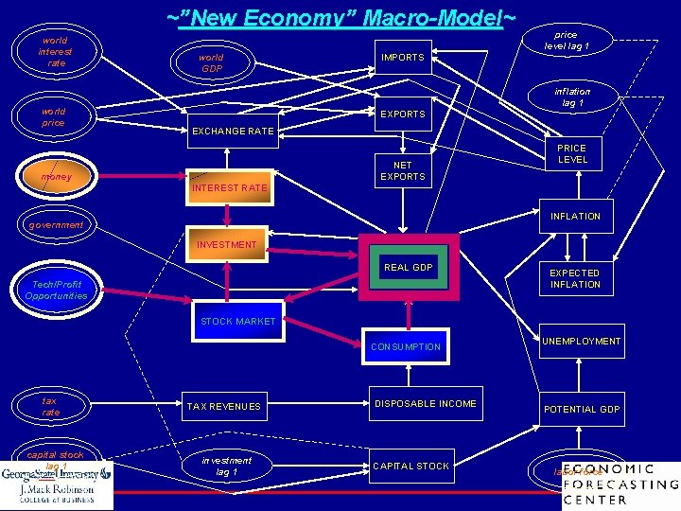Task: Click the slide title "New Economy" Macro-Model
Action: [x=341, y=18]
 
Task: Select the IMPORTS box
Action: [x=402, y=58]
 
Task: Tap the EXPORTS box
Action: [x=402, y=115]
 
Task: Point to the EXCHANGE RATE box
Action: [x=233, y=131]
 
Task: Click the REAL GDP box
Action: [x=408, y=268]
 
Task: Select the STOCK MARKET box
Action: [x=237, y=322]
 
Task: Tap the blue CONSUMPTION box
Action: [x=405, y=347]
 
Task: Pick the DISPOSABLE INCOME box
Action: [x=426, y=404]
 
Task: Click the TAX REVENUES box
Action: [x=223, y=407]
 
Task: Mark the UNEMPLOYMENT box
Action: [x=581, y=342]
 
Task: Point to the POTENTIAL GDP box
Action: [x=581, y=409]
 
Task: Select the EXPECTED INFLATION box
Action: [x=574, y=278]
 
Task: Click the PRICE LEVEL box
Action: [x=571, y=154]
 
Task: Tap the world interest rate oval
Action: [x=55, y=52]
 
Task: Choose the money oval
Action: [x=55, y=177]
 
